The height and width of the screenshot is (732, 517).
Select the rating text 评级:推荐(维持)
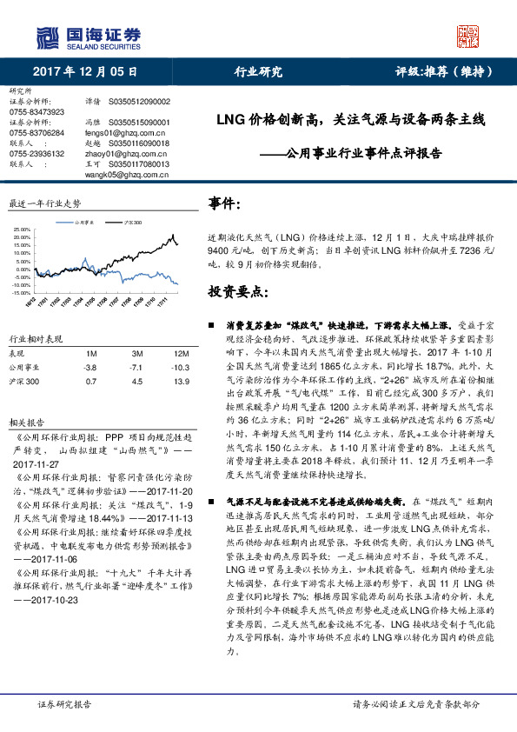[x=441, y=72]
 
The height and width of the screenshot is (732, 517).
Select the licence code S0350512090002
[x=140, y=102]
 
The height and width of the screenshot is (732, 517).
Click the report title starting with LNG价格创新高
[x=348, y=119]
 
